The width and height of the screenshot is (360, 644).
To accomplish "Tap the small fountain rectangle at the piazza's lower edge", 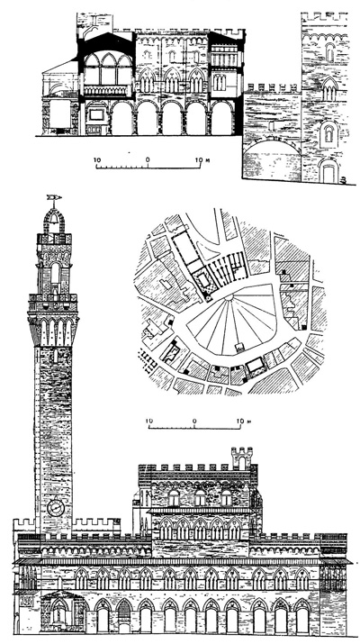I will tap(236, 347).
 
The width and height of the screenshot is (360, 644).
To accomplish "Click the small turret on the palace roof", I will tap(241, 458).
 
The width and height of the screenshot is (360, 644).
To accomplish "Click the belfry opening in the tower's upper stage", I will tap(54, 272).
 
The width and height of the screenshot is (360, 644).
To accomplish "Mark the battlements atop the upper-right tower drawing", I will tap(323, 17).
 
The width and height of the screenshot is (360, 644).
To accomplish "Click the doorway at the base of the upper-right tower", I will tap(328, 170).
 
